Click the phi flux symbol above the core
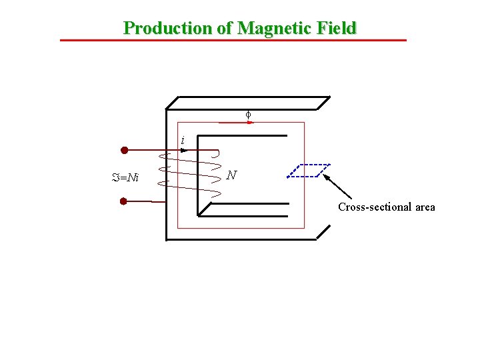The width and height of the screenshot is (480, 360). (x=248, y=115)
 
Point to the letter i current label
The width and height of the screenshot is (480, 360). (x=182, y=140)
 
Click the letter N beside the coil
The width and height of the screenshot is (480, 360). (x=231, y=175)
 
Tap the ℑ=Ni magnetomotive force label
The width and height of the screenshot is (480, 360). (x=125, y=177)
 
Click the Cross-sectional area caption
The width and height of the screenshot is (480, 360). (x=386, y=207)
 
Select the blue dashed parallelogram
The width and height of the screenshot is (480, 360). (x=309, y=170)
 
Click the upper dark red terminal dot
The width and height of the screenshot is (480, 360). (x=124, y=150)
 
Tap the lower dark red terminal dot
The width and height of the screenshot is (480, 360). (x=124, y=201)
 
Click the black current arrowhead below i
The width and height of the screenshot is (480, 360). (x=184, y=150)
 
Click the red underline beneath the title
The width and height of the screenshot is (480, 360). (x=233, y=41)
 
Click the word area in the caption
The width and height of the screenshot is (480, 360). (x=425, y=207)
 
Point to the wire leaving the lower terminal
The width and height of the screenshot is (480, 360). (x=143, y=201)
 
